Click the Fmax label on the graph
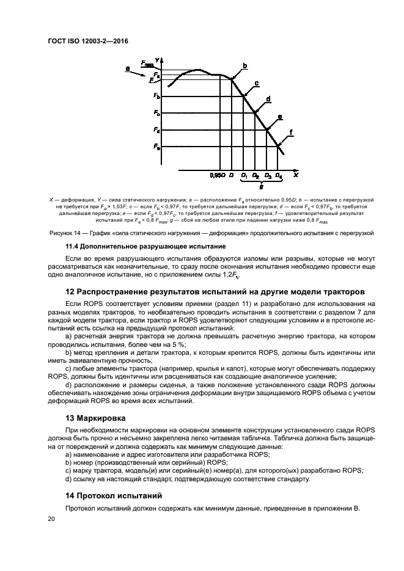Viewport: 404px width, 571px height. tap(147, 63)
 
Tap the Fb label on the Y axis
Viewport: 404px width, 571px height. tap(157, 96)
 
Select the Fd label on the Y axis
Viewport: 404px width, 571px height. tap(157, 130)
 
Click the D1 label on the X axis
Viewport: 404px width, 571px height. tap(244, 176)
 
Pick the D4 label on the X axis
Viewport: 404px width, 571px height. tap(279, 176)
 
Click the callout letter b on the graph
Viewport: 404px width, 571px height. tap(245, 66)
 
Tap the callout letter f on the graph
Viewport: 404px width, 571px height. tap(291, 132)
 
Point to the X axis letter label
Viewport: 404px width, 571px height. tap(295, 175)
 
